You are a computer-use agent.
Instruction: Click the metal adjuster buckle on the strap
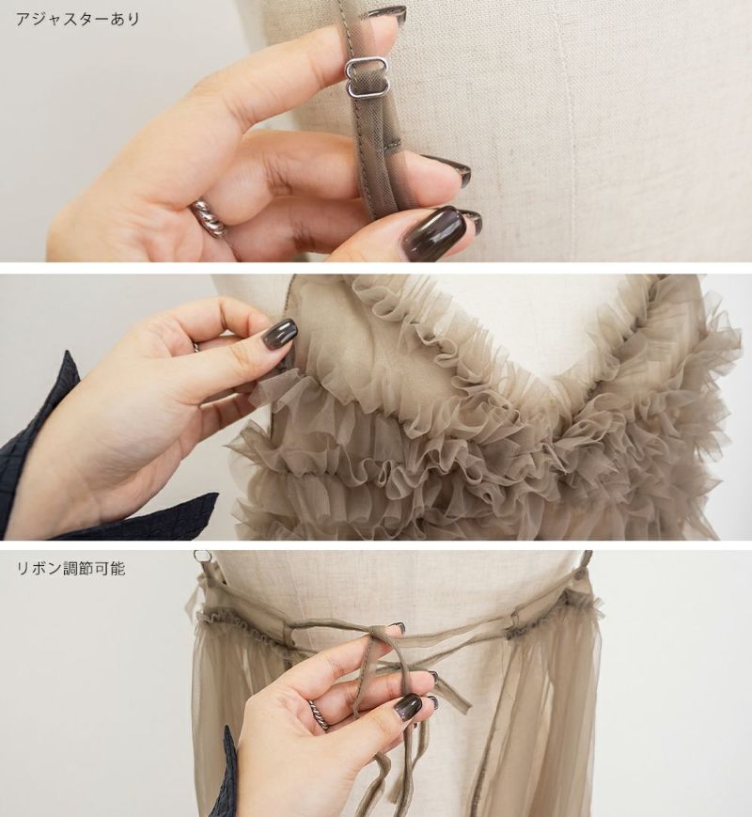[357, 78]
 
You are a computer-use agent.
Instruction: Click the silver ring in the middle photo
[196, 347]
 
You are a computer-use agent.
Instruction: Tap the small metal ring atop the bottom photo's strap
[200, 557]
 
